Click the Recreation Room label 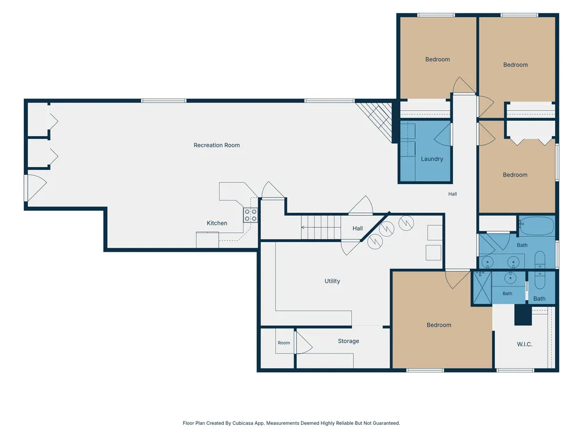(x=216, y=145)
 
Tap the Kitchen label (x=217, y=223)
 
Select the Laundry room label (x=432, y=159)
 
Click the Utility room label (x=332, y=281)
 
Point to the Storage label (x=349, y=341)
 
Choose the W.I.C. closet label (x=524, y=345)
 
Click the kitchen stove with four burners (x=250, y=215)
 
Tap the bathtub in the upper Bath (x=536, y=226)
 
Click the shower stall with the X (x=482, y=287)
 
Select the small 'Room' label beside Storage (x=284, y=343)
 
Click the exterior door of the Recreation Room (x=36, y=188)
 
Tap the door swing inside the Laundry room (x=443, y=134)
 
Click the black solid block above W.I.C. (x=523, y=315)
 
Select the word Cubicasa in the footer (x=242, y=423)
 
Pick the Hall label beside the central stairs (x=358, y=229)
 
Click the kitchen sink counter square (x=207, y=239)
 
